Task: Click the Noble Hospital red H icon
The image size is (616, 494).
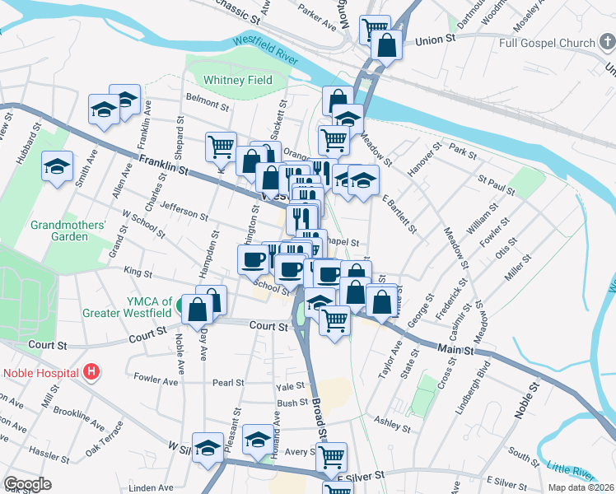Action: point(91,372)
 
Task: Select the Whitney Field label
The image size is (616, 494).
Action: point(238,81)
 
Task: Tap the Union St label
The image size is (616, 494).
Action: point(436,40)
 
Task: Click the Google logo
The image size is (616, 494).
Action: point(27,484)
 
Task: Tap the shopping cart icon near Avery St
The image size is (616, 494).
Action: point(331,455)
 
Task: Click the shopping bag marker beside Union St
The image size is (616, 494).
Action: point(386,44)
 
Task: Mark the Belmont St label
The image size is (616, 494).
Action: point(207,105)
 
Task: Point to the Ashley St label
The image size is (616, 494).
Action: point(392,424)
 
